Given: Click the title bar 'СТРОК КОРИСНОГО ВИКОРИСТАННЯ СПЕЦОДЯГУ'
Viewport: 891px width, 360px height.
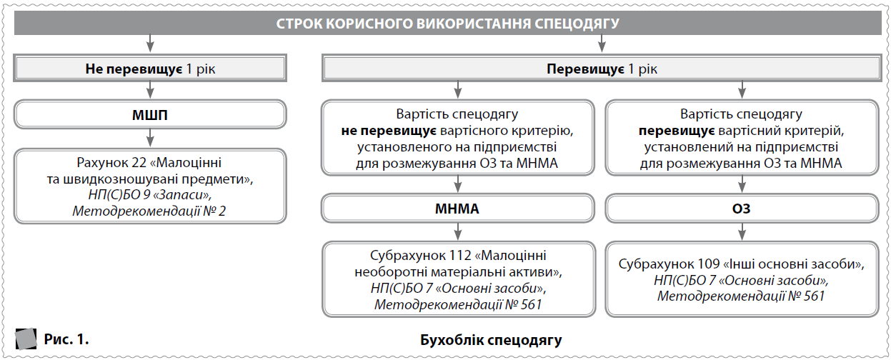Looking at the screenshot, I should coord(447,24).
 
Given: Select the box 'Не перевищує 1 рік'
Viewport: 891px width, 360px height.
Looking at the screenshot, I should coord(150,69).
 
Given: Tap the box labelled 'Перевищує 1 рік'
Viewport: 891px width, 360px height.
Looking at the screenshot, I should coord(600,69).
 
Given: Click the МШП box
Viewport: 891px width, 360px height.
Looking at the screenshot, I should coord(150,114).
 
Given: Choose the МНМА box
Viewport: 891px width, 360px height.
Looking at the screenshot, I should coord(457,210).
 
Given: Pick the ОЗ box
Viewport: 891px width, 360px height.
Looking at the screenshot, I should coord(741,210).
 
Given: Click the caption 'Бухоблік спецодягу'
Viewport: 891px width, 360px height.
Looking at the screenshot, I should coord(491,339).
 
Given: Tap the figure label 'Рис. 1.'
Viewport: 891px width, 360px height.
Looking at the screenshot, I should coord(66,339).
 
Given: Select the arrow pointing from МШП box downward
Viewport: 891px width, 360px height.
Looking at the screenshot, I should coord(150,137).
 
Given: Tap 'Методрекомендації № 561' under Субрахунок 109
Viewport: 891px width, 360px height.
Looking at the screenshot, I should coord(741,296).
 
